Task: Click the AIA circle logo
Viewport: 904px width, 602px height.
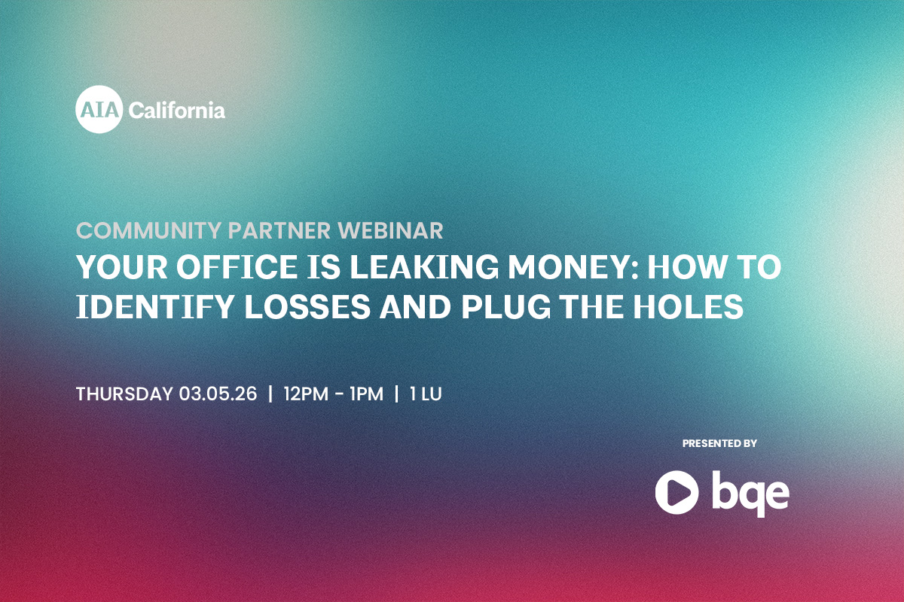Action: coord(99,109)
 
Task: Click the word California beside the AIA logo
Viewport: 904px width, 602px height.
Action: coord(177,110)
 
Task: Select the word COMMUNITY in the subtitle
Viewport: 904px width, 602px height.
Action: coord(148,230)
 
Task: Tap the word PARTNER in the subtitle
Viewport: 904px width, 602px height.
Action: coord(279,230)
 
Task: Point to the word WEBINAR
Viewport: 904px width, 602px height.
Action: coord(391,230)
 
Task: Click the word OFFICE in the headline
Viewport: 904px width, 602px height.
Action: coord(237,267)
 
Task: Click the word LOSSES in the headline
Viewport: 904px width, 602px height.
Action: coord(307,306)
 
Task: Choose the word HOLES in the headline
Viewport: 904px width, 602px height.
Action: coord(688,306)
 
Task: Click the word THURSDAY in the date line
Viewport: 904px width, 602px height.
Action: coord(124,394)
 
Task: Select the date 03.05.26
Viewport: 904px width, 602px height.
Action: coord(218,394)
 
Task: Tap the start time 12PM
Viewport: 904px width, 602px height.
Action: coord(306,394)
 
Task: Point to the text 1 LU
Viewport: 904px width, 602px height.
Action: coord(426,394)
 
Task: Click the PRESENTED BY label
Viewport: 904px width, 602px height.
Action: coord(719,443)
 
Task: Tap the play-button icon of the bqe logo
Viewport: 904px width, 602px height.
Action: coord(676,492)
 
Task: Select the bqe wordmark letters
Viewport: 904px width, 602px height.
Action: coord(750,494)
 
